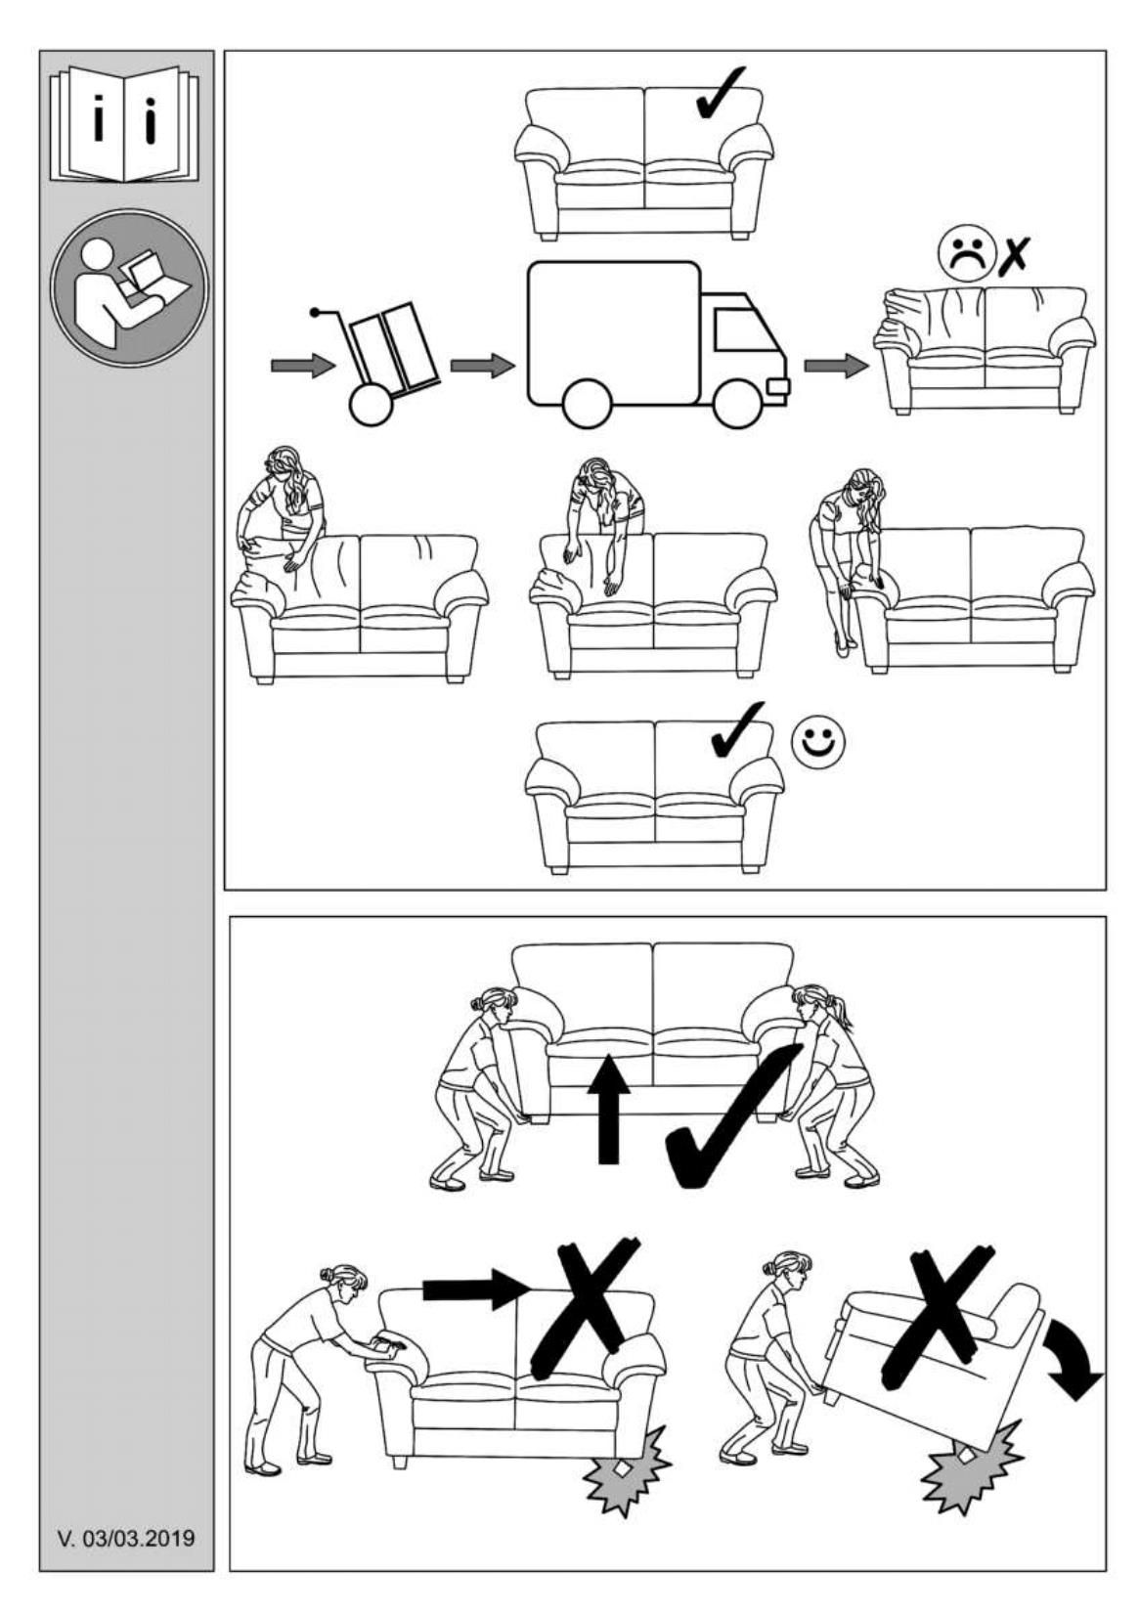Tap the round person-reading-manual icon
pyautogui.click(x=128, y=287)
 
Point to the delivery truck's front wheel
pyautogui.click(x=738, y=402)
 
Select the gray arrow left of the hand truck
pyautogui.click(x=303, y=366)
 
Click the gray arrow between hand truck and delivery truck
pyautogui.click(x=482, y=366)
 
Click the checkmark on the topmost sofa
pyautogui.click(x=721, y=93)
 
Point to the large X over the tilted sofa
pyautogui.click(x=940, y=1311)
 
